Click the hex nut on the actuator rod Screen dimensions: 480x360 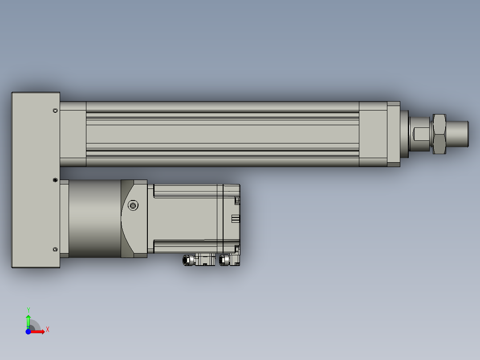coord(439,134)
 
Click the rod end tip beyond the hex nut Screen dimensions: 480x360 coord(457,134)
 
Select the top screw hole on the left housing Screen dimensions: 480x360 coord(55,110)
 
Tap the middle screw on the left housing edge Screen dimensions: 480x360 coord(55,180)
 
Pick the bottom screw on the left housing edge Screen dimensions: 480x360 coord(55,250)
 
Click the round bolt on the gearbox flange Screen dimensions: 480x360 coord(133,205)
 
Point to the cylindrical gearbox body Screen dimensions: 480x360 coord(94,218)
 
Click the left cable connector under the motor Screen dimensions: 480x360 coord(199,260)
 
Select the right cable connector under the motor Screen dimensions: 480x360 coord(230,260)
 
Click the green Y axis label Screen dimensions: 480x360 coord(28,310)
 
